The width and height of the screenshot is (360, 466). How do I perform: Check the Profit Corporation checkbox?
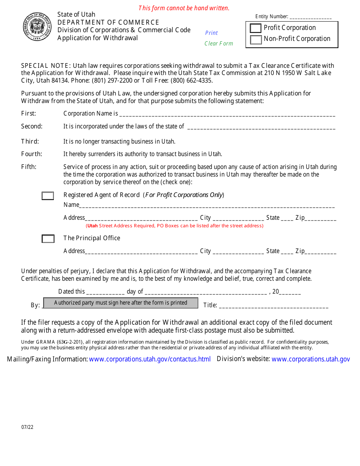point(256,28)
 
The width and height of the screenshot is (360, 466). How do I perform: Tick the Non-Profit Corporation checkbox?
point(256,39)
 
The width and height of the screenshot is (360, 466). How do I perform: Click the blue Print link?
point(211,33)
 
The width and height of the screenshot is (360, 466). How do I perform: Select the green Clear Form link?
point(219,44)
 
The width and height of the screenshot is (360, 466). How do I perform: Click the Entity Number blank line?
point(310,17)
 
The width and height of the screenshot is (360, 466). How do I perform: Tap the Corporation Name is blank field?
point(227,114)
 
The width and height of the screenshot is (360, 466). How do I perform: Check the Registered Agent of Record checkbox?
point(48,196)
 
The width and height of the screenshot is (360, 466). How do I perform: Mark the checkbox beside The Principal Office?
point(48,239)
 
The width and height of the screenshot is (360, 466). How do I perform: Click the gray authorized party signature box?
point(121,303)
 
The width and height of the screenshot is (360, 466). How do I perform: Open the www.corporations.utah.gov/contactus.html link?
point(150,359)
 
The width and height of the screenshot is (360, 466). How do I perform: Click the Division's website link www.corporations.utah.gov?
point(311,359)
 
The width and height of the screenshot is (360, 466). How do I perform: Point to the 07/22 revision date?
point(27,427)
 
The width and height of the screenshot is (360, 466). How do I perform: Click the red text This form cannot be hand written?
point(184,8)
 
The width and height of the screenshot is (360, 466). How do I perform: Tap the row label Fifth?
point(29,167)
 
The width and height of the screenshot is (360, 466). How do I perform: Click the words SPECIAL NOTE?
point(45,66)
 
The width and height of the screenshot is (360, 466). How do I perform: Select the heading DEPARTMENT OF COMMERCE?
point(108,22)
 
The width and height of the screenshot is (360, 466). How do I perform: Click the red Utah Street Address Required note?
point(175,226)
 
